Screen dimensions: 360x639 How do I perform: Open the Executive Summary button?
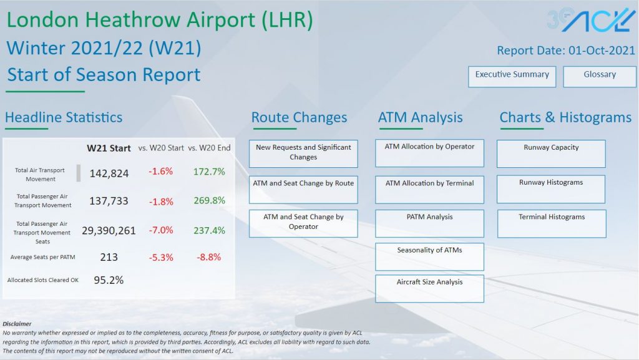click(x=512, y=76)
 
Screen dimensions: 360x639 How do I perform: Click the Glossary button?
click(x=599, y=76)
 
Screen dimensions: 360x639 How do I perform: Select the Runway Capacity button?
click(x=551, y=153)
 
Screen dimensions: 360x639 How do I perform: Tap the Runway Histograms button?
click(x=551, y=188)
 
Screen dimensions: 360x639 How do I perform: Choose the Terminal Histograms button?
click(x=551, y=223)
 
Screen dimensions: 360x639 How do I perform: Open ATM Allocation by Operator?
click(x=429, y=153)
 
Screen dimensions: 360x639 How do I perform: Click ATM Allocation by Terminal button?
click(x=429, y=189)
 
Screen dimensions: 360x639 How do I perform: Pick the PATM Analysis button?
click(x=429, y=223)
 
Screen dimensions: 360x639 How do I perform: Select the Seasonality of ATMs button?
click(x=429, y=256)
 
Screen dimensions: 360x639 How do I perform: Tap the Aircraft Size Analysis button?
click(x=429, y=288)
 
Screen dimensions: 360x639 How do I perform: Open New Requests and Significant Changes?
click(x=303, y=153)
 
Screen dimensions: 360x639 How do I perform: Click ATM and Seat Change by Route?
click(x=303, y=189)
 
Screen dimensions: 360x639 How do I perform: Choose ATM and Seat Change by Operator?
click(x=303, y=223)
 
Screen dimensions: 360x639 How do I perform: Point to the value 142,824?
click(x=109, y=173)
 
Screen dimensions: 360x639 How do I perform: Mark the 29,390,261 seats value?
click(x=109, y=231)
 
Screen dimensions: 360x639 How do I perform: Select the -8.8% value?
click(x=209, y=257)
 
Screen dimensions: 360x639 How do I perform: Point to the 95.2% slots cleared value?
click(x=109, y=280)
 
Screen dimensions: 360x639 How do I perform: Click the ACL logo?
click(x=591, y=20)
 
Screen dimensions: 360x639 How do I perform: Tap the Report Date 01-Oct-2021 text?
click(x=565, y=51)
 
